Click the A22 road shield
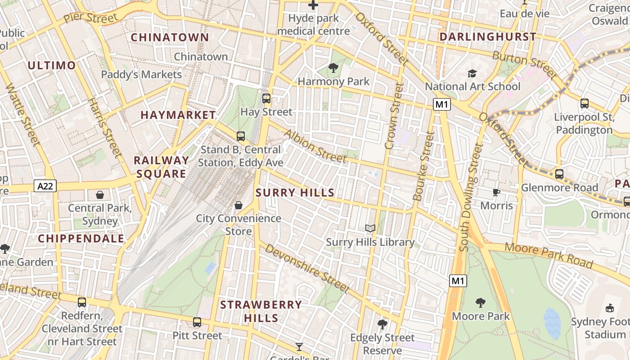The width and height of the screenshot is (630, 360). pyautogui.click(x=45, y=186)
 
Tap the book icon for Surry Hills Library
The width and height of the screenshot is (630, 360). pyautogui.click(x=370, y=229)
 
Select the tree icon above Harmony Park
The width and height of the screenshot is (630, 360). pyautogui.click(x=333, y=68)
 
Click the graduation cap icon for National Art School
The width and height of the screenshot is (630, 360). pyautogui.click(x=472, y=73)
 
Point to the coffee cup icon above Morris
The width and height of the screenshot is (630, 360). pyautogui.click(x=496, y=193)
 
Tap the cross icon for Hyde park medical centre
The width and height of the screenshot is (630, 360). pyautogui.click(x=313, y=5)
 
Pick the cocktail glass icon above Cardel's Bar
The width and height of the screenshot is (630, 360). pyautogui.click(x=299, y=346)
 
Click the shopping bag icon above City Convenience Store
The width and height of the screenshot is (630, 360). pyautogui.click(x=238, y=205)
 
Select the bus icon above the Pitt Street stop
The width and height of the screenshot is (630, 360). pyautogui.click(x=197, y=322)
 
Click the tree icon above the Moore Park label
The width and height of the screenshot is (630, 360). pyautogui.click(x=481, y=303)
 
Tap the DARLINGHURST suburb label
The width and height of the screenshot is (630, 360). pyautogui.click(x=488, y=37)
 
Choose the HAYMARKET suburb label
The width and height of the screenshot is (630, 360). pyautogui.click(x=178, y=115)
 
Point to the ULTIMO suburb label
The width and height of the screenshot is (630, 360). pyautogui.click(x=52, y=66)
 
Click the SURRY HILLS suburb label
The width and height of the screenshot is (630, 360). pyautogui.click(x=295, y=193)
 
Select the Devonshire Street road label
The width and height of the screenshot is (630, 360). pyautogui.click(x=307, y=268)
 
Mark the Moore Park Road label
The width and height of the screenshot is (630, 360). pyautogui.click(x=548, y=255)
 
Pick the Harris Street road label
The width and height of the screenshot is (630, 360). pyautogui.click(x=104, y=128)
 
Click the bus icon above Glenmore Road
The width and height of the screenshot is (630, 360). pyautogui.click(x=559, y=174)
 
